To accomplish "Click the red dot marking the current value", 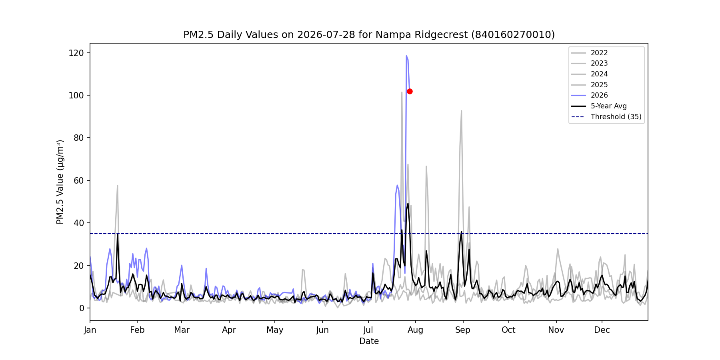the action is [410, 92].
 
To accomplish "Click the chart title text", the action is [369, 35].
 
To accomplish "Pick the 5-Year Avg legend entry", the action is [599, 106].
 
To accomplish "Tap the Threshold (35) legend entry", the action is [606, 117].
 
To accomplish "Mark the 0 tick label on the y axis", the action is [82, 308].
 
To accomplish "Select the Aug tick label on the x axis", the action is [416, 330].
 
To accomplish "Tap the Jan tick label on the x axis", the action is [90, 330].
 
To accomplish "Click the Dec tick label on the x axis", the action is [602, 330].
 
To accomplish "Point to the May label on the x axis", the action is [275, 330].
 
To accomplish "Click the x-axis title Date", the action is [369, 341].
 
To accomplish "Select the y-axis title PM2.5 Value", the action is [60, 182].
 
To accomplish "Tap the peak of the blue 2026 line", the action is [406, 56].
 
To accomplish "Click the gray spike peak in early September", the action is [461, 111].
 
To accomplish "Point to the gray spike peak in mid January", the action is [117, 185].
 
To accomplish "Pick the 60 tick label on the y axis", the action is [79, 180].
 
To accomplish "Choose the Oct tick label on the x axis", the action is [508, 330].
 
